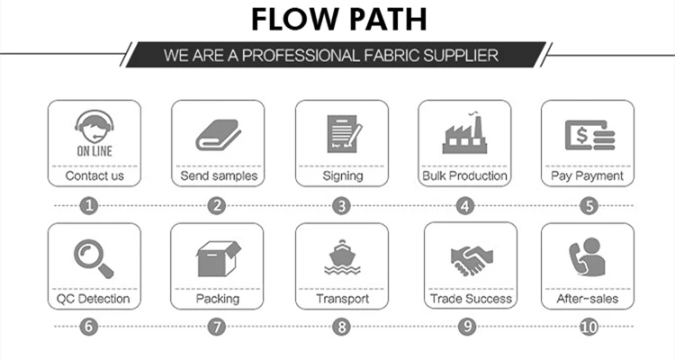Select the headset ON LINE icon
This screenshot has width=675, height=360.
pos(94,130)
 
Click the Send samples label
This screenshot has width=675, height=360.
pos(218,176)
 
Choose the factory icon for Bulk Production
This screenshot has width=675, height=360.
pos(464,134)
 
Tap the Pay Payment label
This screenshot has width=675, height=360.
pos(587,176)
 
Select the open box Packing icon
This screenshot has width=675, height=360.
pos(218,258)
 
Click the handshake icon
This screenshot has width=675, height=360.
pos(470,260)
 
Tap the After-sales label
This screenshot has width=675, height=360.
pos(587,299)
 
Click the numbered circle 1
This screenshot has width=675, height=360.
pos(88,205)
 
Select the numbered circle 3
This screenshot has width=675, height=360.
pos(341,205)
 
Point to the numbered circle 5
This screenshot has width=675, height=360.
pos(589,205)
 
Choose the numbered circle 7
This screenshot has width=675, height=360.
pos(216,327)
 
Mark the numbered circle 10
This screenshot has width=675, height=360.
pos(589,327)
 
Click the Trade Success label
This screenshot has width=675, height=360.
pos(470,299)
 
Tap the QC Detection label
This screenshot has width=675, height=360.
pos(94,299)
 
